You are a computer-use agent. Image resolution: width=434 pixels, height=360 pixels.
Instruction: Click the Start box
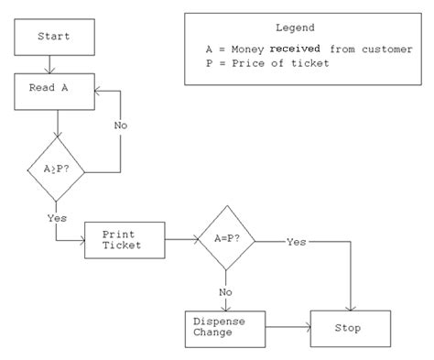click(x=54, y=37)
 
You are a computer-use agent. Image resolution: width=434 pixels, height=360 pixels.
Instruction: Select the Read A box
click(x=54, y=91)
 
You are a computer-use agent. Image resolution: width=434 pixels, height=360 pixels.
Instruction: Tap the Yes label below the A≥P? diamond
click(x=56, y=218)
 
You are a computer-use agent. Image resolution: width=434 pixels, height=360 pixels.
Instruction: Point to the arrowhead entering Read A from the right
click(x=99, y=91)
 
